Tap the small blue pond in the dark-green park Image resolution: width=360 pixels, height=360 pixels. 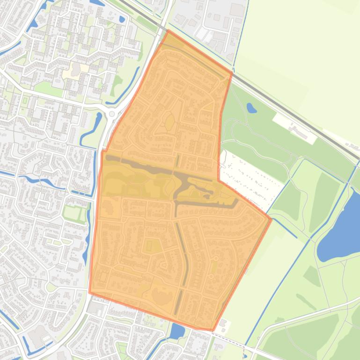pyautogui.click(x=251, y=108)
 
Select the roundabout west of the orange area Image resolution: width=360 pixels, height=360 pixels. pyautogui.click(x=112, y=114)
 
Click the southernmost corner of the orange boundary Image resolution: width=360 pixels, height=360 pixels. pyautogui.click(x=212, y=330)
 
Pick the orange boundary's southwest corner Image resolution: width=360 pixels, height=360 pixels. pyautogui.click(x=90, y=293)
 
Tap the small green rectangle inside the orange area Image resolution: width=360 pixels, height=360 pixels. pyautogui.click(x=151, y=245)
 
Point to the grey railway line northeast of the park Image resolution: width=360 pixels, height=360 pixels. pyautogui.click(x=300, y=117)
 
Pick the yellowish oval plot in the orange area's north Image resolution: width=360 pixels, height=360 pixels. pyautogui.click(x=169, y=122)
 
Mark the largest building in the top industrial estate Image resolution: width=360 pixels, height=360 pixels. pyautogui.click(x=237, y=10)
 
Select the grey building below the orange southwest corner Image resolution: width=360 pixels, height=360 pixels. pyautogui.click(x=95, y=307)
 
